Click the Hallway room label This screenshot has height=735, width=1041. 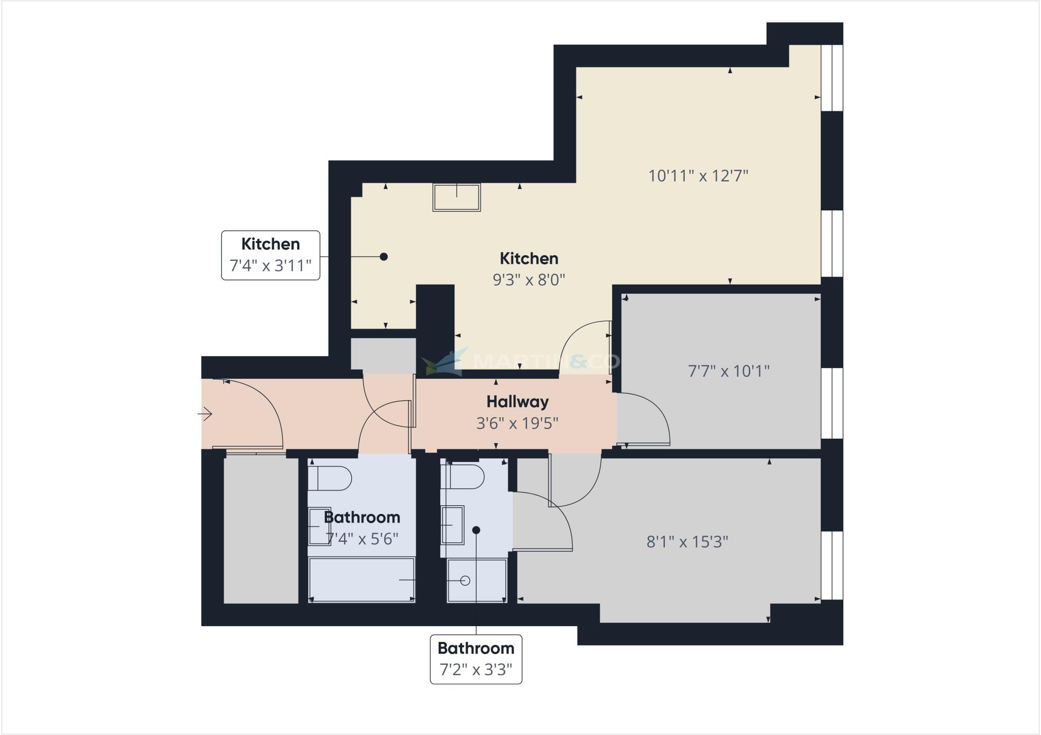(x=517, y=402)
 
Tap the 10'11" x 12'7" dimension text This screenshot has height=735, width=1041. (x=698, y=176)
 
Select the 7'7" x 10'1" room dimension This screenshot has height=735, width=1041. (x=728, y=371)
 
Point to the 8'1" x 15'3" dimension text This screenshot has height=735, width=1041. (x=687, y=542)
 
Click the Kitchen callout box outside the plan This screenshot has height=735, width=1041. (x=270, y=255)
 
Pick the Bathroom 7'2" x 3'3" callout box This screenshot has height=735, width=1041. (x=476, y=659)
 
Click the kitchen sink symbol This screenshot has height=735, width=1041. (x=456, y=197)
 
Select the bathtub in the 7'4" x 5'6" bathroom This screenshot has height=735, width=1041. (x=362, y=580)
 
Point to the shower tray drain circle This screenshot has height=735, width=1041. (x=465, y=580)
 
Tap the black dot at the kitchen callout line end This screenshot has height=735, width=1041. (x=384, y=257)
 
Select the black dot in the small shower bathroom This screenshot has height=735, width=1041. (x=476, y=530)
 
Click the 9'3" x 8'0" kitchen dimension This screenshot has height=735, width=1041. (x=529, y=280)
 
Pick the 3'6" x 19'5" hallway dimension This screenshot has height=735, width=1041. (x=517, y=423)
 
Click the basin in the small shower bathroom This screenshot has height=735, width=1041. (x=452, y=525)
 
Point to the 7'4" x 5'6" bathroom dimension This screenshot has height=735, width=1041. (x=362, y=539)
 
